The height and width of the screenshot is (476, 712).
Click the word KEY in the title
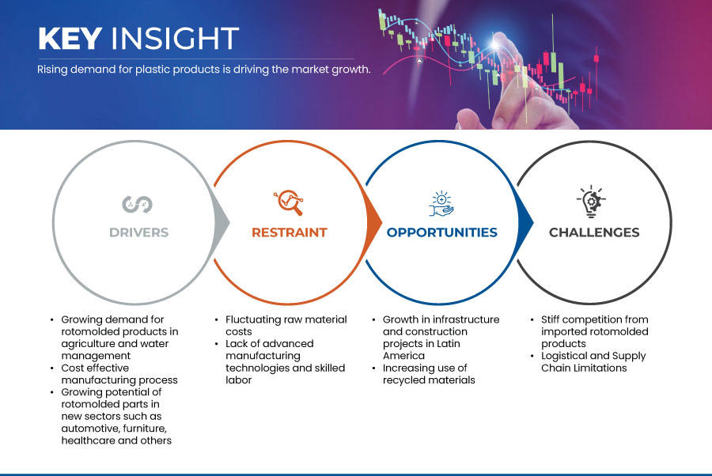pyautogui.click(x=70, y=38)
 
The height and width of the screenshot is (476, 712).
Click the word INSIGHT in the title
pyautogui.click(x=176, y=38)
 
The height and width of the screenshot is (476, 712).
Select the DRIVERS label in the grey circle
pyautogui.click(x=139, y=232)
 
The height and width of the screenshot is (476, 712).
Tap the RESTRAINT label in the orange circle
pyautogui.click(x=290, y=232)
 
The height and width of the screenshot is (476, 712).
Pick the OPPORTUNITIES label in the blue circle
pyautogui.click(x=441, y=232)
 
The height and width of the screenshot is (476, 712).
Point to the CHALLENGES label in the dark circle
pyautogui.click(x=594, y=232)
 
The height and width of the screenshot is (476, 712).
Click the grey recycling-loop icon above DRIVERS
pyautogui.click(x=137, y=204)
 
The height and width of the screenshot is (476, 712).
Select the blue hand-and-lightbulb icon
pyautogui.click(x=441, y=203)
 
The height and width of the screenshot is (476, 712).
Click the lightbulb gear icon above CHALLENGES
pyautogui.click(x=591, y=202)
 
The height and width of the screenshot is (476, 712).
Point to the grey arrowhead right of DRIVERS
pyautogui.click(x=222, y=222)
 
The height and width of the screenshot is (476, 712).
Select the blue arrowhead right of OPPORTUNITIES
pyautogui.click(x=525, y=222)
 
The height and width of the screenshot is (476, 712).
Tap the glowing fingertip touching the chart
pyautogui.click(x=496, y=42)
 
